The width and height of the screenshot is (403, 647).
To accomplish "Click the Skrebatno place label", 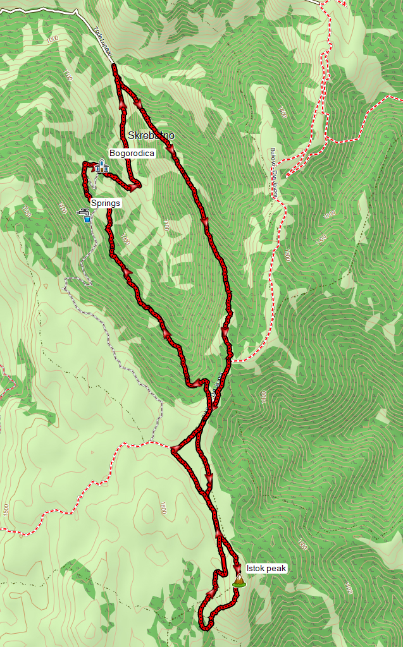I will (151, 135).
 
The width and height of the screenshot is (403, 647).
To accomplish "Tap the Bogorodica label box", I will (132, 153).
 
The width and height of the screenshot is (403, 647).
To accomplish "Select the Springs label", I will (105, 203).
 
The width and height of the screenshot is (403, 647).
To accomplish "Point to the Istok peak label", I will (267, 569).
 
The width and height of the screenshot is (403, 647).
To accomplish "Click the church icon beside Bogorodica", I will (101, 166).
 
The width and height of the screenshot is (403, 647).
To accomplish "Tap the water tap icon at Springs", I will (82, 212).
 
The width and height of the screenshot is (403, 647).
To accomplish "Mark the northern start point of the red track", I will (114, 66).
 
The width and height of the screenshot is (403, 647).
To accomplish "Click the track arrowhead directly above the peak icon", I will (237, 567).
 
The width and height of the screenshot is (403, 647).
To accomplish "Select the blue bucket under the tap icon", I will (87, 219).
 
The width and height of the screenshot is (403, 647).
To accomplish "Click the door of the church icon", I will (101, 170).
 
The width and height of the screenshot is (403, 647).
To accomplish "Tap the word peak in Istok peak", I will (276, 569).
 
